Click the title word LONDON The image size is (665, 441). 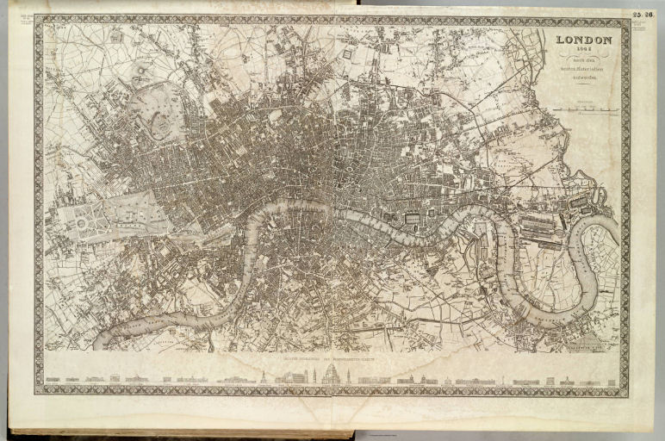click(584, 40)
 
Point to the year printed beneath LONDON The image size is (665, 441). click(584, 50)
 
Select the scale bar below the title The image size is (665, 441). click(584, 110)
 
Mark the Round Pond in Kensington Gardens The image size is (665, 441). click(82, 223)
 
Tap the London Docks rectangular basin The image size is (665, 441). click(412, 219)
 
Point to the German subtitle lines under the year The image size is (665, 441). click(584, 68)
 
